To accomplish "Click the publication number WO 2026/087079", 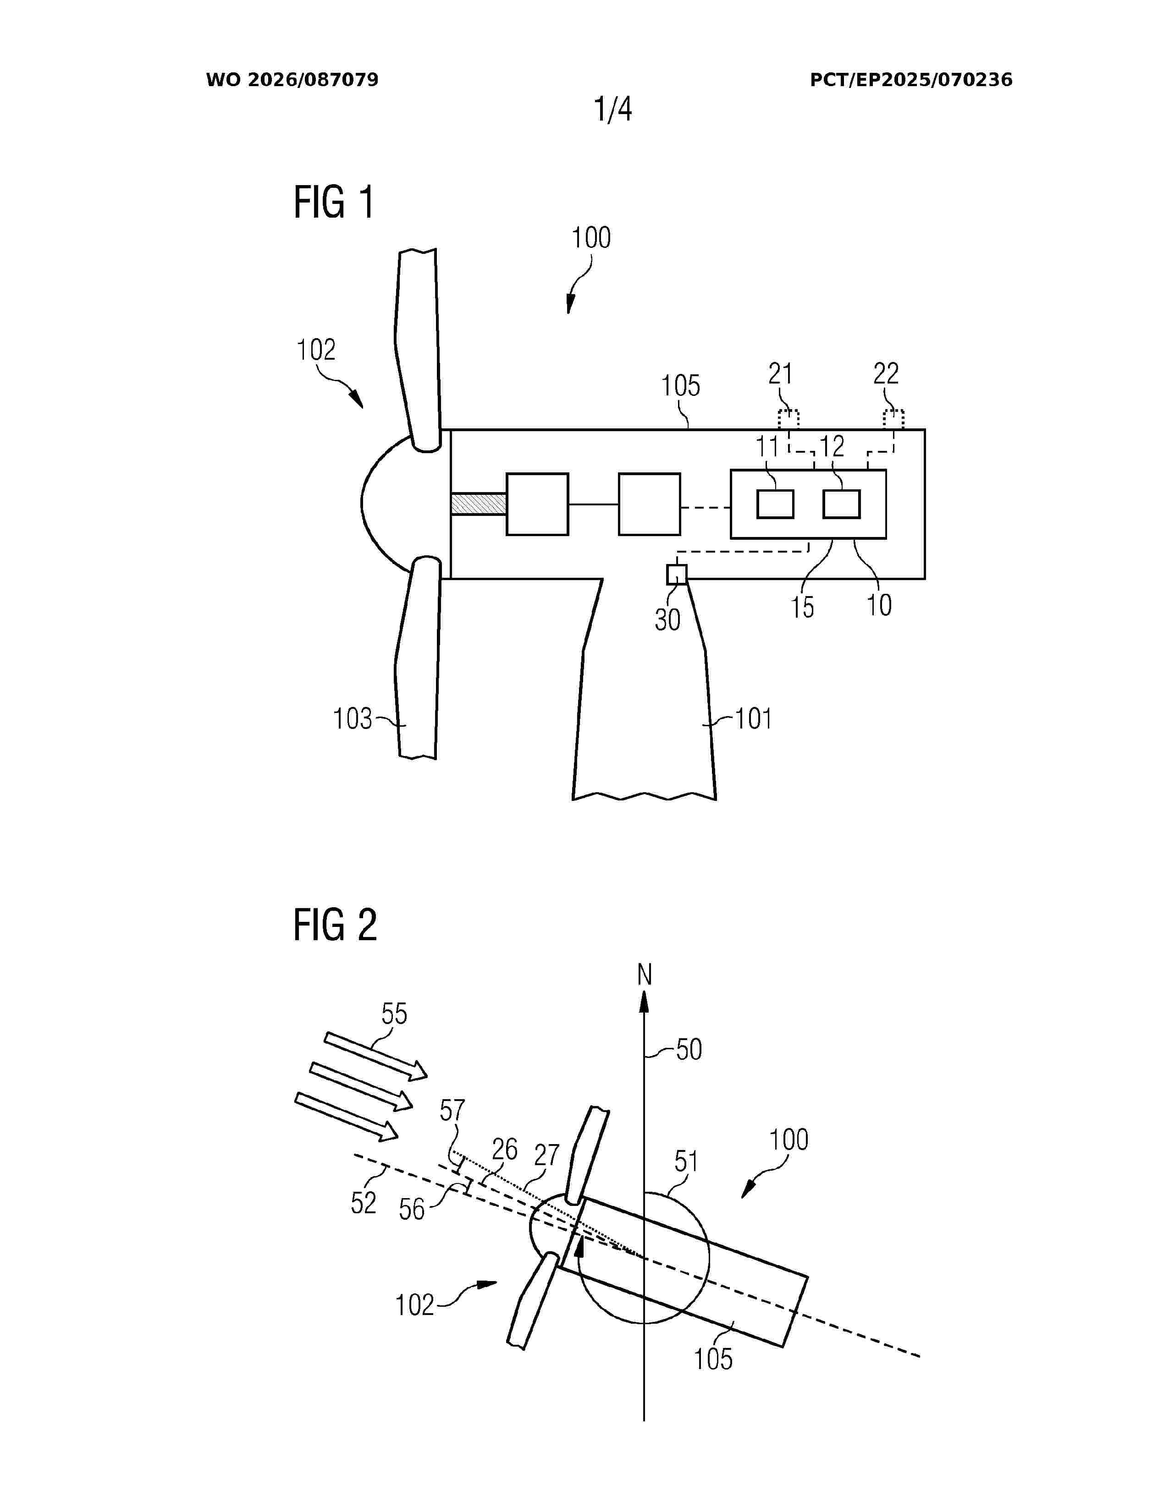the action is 292,80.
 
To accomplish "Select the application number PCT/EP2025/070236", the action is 911,80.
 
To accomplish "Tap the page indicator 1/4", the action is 613,110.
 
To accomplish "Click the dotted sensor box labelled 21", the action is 788,420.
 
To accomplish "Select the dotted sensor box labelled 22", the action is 893,420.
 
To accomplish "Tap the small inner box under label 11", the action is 775,504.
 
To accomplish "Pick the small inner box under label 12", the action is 841,504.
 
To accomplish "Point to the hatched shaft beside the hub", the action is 479,503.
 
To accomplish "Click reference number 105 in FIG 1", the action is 680,386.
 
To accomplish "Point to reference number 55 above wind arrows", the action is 394,1014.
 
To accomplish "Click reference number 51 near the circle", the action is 686,1161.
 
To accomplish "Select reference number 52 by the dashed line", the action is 364,1203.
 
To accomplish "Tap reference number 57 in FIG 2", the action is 452,1111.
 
